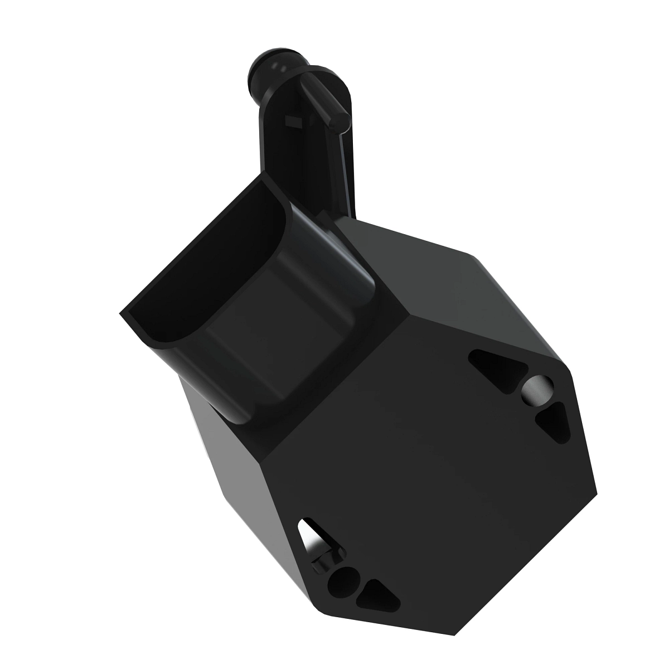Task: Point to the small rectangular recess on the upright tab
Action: click(292, 120)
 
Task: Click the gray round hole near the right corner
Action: click(537, 389)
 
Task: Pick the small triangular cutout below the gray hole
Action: click(555, 421)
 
